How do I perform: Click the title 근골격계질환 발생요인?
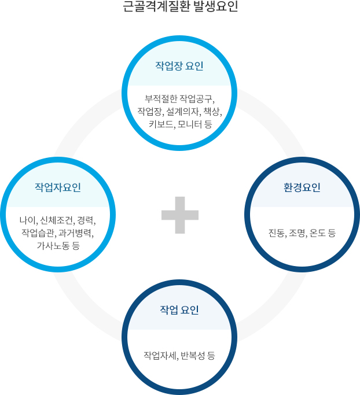coord(180,8)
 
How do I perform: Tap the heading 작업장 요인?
coord(179,65)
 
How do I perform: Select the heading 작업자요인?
coord(58,187)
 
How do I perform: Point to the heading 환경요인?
coord(302,187)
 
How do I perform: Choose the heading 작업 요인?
coord(179,310)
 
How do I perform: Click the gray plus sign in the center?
coord(180,215)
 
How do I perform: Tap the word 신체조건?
coord(56,220)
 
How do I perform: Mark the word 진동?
coord(276,233)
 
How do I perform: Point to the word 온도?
coord(318,233)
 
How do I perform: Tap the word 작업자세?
coord(160,355)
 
